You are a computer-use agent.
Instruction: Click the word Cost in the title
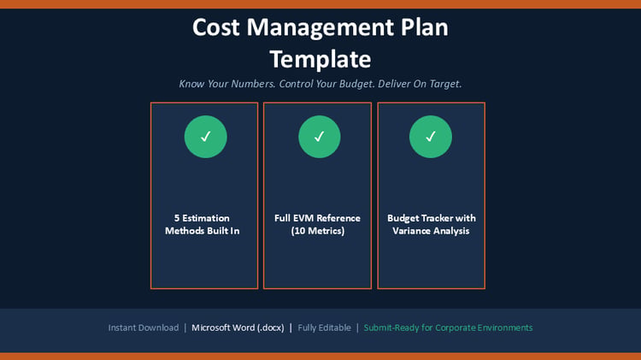[x=216, y=27]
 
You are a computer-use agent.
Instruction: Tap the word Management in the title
[x=320, y=28]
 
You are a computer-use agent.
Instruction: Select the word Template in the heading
[x=320, y=60]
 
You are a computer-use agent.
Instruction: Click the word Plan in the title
[x=424, y=27]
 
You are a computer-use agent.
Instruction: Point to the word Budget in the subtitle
[x=356, y=84]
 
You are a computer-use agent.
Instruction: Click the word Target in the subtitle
[x=445, y=84]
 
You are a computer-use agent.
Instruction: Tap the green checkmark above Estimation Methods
[x=206, y=137]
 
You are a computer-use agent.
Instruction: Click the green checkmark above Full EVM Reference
[x=320, y=137]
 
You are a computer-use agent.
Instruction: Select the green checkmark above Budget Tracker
[x=431, y=137]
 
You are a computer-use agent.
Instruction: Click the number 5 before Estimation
[x=177, y=218]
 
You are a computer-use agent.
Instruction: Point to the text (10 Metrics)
[x=318, y=231]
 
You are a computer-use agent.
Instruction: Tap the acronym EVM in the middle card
[x=302, y=218]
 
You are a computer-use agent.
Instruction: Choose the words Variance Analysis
[x=431, y=231]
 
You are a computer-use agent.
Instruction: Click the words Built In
[x=223, y=231]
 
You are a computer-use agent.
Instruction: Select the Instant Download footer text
[x=144, y=328]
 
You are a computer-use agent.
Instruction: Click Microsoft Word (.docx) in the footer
[x=238, y=328]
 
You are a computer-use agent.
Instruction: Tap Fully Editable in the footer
[x=324, y=328]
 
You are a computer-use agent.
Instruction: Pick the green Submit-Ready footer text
[x=448, y=328]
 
